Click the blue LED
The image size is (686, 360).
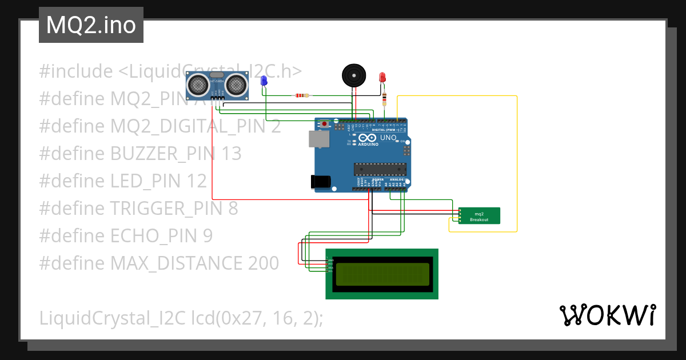click(264, 81)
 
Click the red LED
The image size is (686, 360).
click(382, 77)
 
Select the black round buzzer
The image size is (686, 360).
click(353, 75)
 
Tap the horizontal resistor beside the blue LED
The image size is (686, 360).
click(302, 95)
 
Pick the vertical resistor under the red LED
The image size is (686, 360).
click(384, 100)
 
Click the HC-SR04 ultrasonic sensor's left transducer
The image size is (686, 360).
click(198, 85)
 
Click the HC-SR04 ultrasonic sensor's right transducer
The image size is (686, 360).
click(236, 85)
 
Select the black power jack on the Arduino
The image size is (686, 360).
click(321, 181)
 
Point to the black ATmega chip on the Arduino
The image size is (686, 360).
click(380, 169)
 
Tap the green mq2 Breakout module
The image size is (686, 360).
click(479, 216)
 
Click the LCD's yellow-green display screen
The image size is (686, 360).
click(382, 274)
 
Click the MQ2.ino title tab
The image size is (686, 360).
click(91, 25)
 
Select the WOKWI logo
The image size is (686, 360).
click(607, 315)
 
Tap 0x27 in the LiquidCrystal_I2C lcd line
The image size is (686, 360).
click(234, 318)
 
